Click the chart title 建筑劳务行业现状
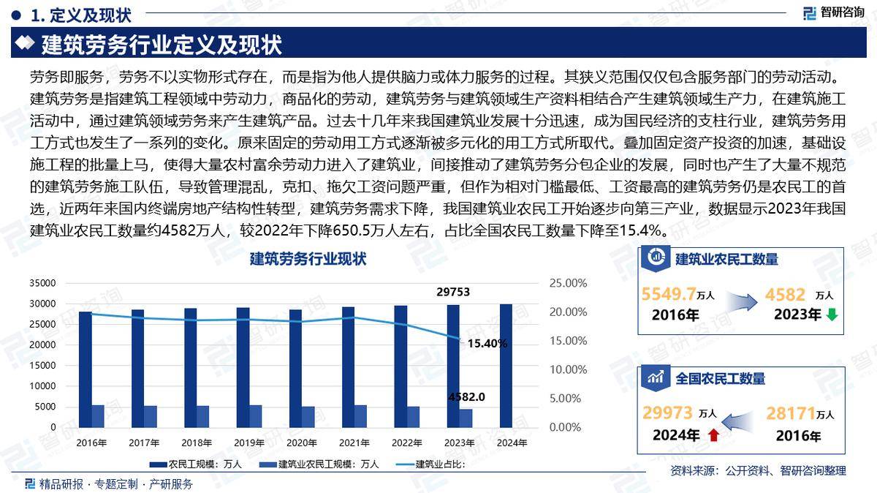pos(308,259)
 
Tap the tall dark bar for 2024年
pos(506,365)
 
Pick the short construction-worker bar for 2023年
pos(466,418)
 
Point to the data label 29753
pos(453,293)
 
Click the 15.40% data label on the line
pos(487,343)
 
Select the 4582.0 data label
pos(467,397)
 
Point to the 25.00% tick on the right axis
pos(568,283)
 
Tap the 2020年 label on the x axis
pos(302,443)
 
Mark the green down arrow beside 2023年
pos(832,315)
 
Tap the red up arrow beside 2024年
pos(714,435)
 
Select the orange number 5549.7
pos(667,294)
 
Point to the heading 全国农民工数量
pos(720,378)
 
